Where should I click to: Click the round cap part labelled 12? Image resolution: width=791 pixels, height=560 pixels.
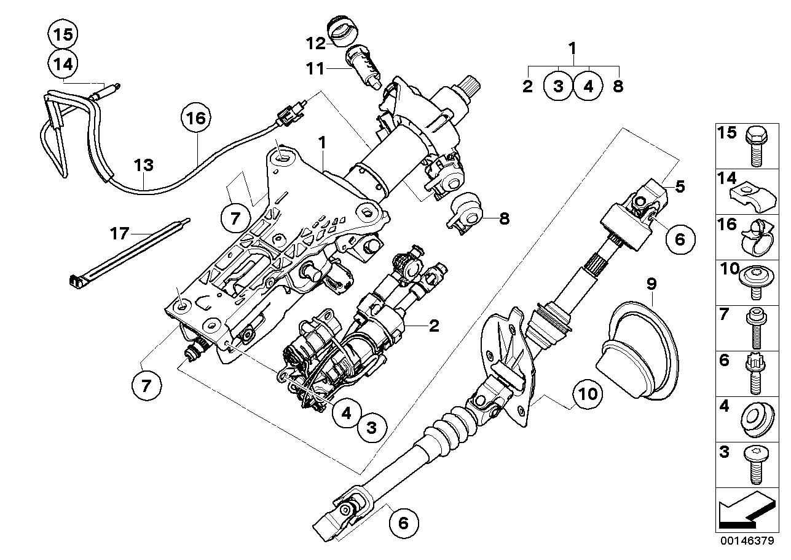(x=340, y=32)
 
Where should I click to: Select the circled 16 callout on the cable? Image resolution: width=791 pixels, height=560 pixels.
(x=195, y=118)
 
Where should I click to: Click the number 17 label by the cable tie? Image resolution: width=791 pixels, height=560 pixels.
(x=120, y=233)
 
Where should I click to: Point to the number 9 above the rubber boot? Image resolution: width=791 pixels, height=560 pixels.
(x=651, y=284)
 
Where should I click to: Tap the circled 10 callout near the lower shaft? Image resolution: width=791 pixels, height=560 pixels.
(x=588, y=394)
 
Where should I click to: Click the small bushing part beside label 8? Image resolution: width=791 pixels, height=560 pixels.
(x=467, y=212)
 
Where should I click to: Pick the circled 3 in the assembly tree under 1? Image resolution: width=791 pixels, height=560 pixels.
(x=558, y=86)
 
